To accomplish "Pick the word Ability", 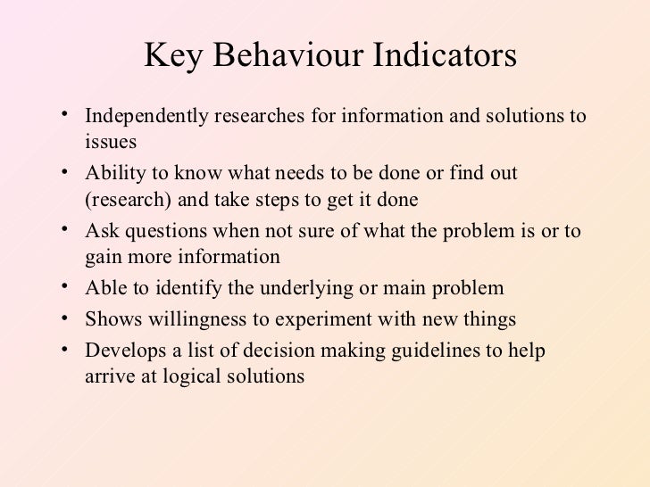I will pyautogui.click(x=112, y=173).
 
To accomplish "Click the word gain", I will pyautogui.click(x=104, y=258).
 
